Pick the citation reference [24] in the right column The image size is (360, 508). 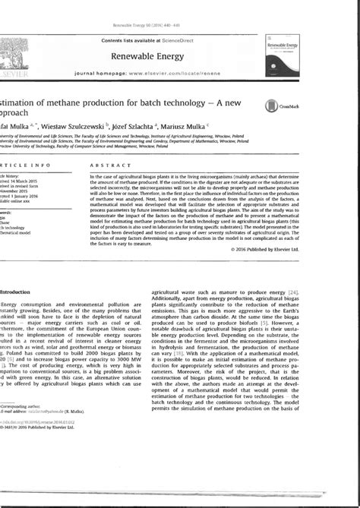pyautogui.click(x=283, y=313)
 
